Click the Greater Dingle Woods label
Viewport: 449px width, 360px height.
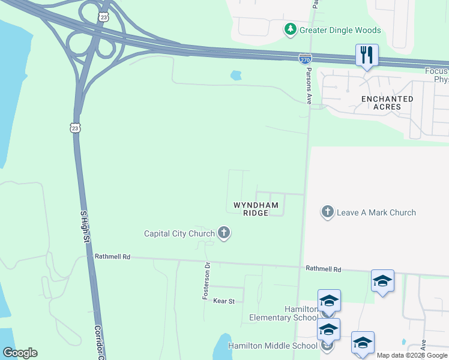coord(341,30)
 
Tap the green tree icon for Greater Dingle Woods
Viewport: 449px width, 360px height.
coord(291,29)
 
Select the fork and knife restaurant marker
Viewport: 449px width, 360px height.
coord(366,56)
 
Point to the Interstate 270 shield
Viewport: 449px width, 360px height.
coord(304,59)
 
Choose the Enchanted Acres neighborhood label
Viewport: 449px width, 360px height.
coord(387,103)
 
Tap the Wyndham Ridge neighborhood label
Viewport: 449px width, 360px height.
coord(256,208)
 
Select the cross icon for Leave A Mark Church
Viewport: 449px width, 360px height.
coord(327,212)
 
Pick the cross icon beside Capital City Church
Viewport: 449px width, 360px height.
coord(224,233)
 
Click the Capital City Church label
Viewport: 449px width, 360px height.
coord(179,233)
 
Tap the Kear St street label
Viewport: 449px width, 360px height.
coord(224,301)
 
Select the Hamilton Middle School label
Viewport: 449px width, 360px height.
coord(273,346)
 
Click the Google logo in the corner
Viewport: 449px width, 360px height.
coord(20,353)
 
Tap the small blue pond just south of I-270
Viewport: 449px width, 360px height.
coord(236,76)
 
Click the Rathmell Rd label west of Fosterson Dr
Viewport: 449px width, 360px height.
coord(112,256)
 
